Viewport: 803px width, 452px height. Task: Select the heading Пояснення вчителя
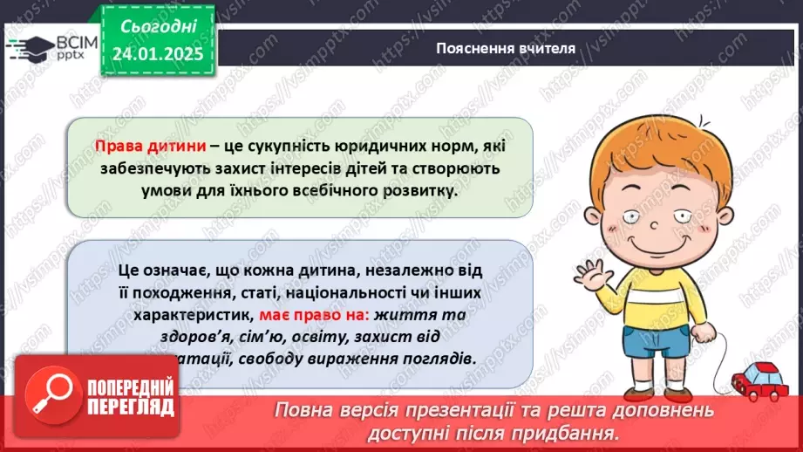click(x=506, y=48)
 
